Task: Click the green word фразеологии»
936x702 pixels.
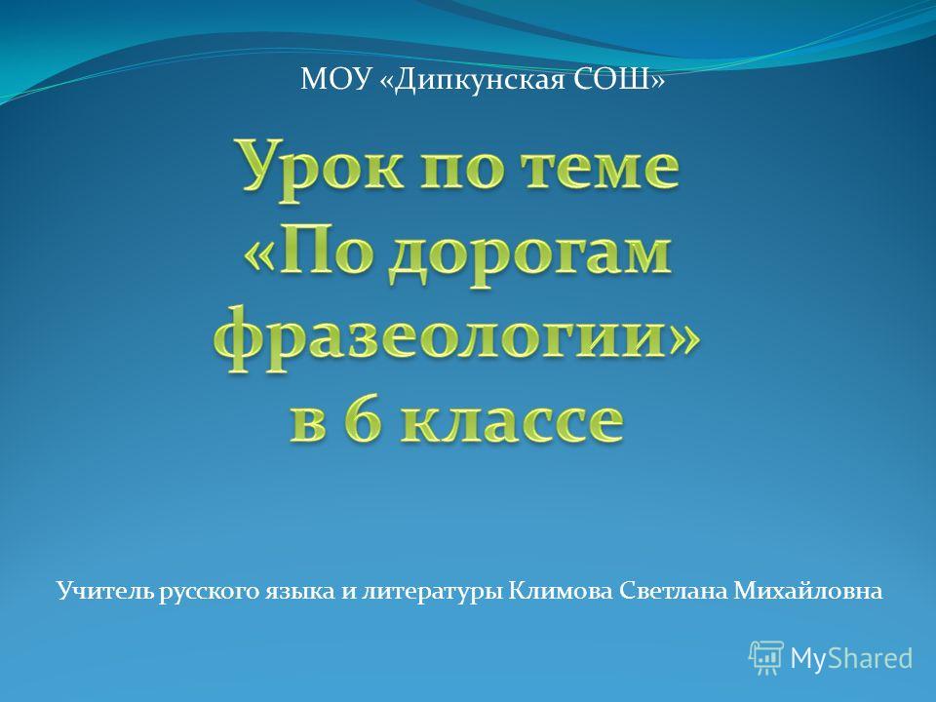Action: [x=457, y=339]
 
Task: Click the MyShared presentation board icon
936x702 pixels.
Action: [x=766, y=658]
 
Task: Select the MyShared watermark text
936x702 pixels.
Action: [x=851, y=658]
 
